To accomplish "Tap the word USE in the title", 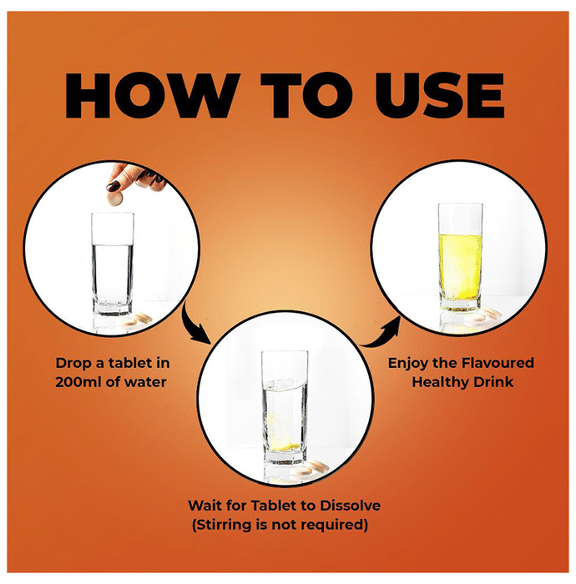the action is (440, 96).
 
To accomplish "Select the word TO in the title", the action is (307, 96).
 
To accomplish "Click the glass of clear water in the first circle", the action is (112, 264).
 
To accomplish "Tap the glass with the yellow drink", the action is (461, 257).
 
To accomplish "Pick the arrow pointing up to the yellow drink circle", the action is (381, 334).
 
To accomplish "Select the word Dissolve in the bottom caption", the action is (351, 506).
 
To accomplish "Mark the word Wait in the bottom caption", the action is (205, 506).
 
